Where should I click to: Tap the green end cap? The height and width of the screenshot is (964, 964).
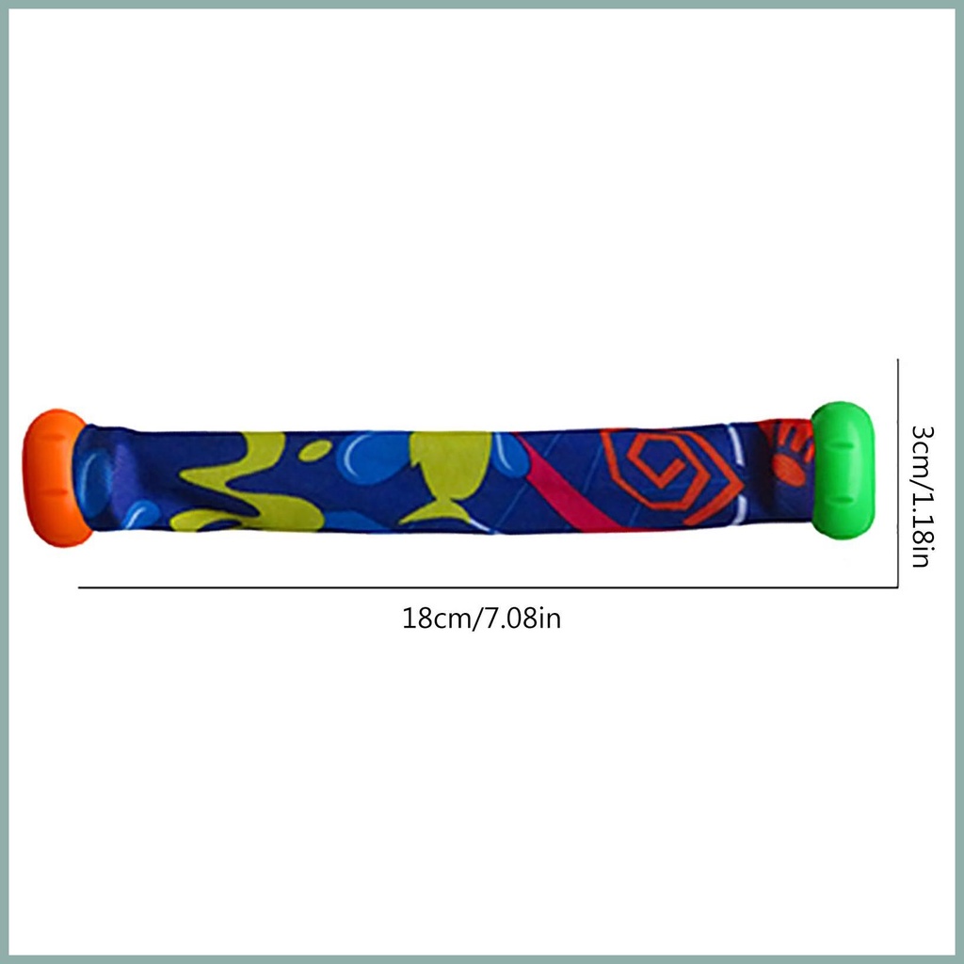pyautogui.click(x=843, y=471)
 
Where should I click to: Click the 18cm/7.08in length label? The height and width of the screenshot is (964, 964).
pyautogui.click(x=481, y=618)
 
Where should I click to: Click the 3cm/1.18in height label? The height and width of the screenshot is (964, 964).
pyautogui.click(x=923, y=495)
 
